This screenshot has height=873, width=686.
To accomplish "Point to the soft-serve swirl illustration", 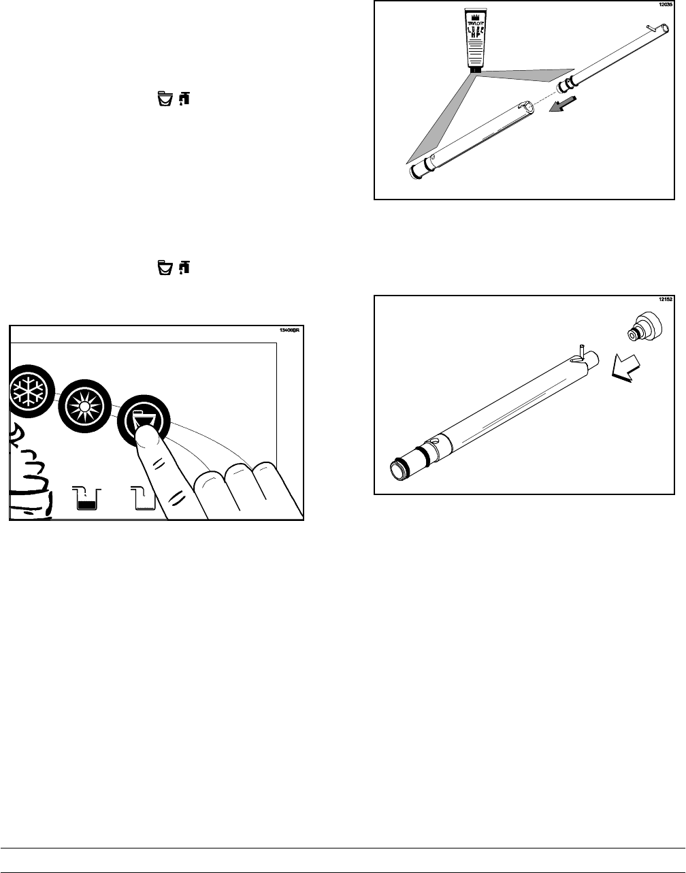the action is [x=26, y=470].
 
